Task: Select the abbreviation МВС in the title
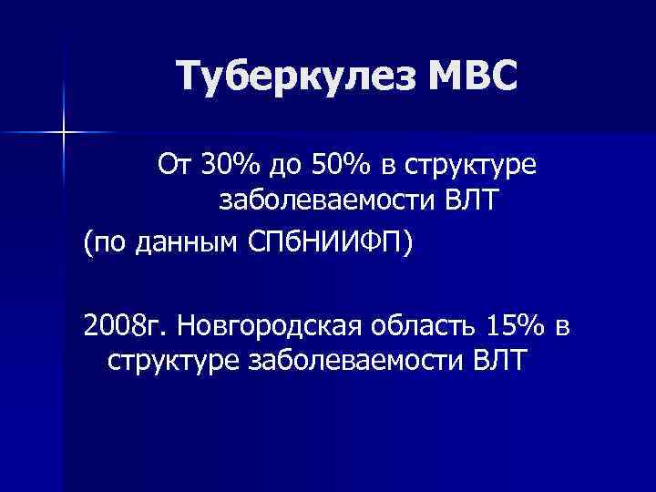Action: (x=466, y=77)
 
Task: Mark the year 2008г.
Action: (x=122, y=323)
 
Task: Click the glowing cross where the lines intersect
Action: (x=65, y=133)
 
